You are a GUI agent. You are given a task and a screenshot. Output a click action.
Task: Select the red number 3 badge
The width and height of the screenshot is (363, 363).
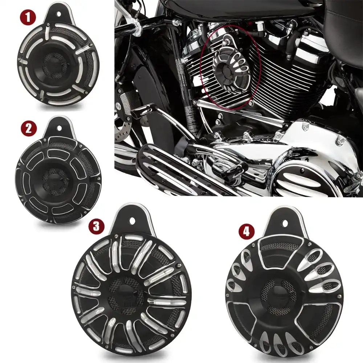pos(95,225)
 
